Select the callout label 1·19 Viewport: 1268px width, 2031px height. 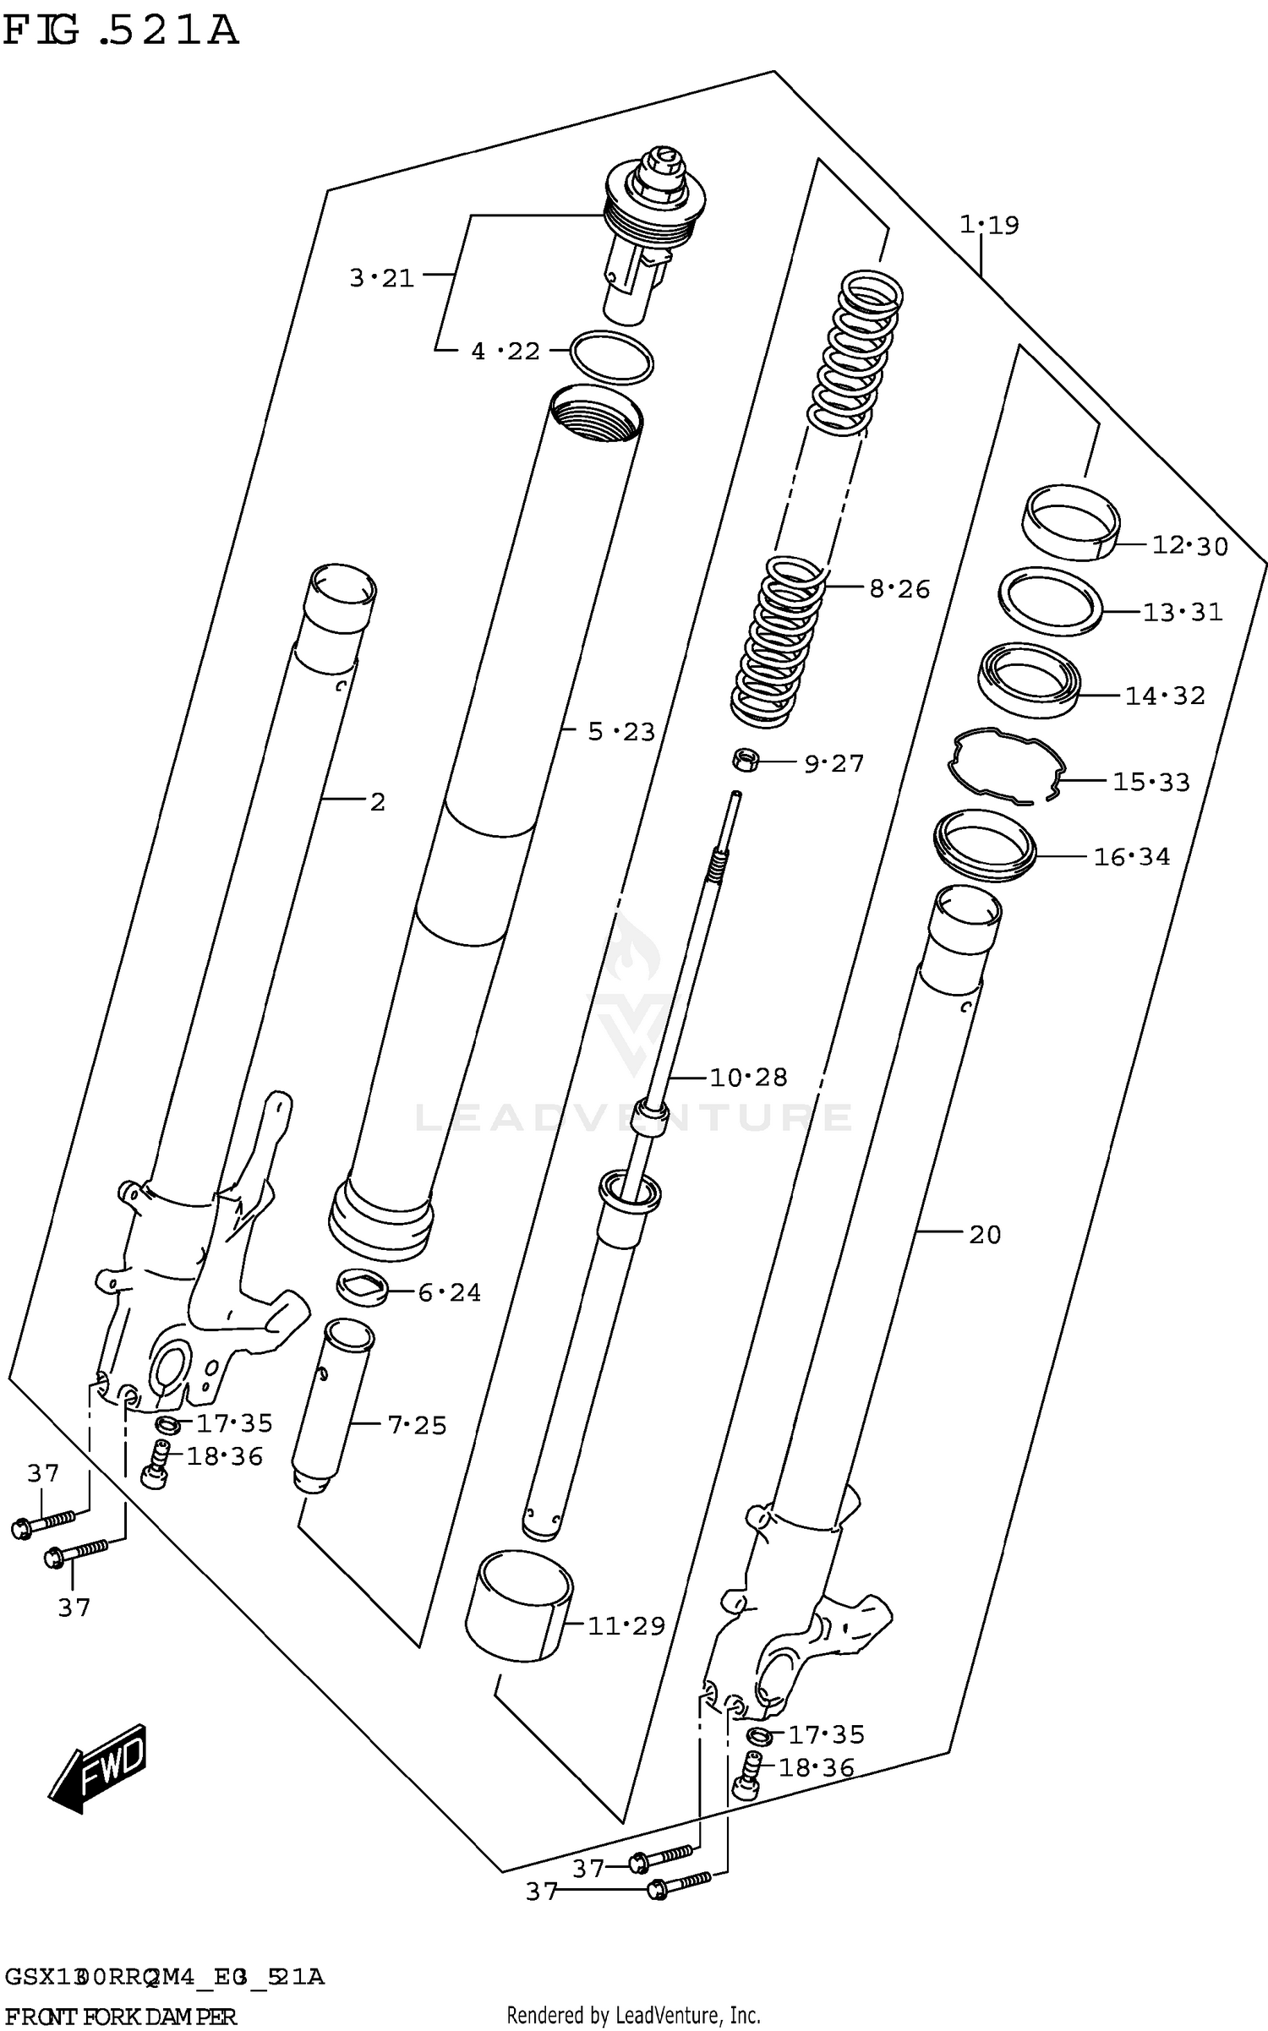tap(989, 225)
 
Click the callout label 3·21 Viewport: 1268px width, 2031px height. tap(382, 277)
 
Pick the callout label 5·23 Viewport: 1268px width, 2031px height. tap(621, 731)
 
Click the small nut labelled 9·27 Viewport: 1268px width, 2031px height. tap(745, 760)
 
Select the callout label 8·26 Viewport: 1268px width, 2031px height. tap(899, 588)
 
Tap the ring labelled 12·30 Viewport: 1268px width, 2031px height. tap(1070, 521)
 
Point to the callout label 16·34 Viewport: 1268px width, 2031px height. tap(1132, 857)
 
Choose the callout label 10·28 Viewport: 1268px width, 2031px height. tap(748, 1077)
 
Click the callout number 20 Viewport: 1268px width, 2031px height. tap(985, 1235)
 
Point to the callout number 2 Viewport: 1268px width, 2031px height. tap(378, 801)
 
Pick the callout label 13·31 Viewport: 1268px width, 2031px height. tap(1183, 612)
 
